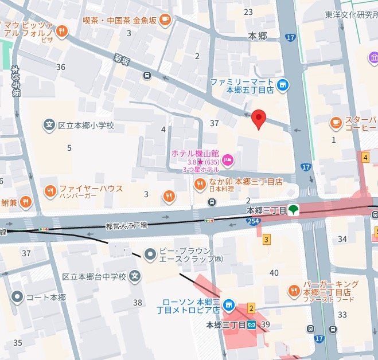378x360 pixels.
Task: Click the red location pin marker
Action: click(259, 118)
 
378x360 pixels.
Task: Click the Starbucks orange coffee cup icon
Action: click(336, 122)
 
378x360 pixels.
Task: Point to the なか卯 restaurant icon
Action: click(200, 183)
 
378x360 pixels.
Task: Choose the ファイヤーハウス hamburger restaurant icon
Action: click(50, 190)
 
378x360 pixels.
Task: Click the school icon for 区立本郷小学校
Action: click(49, 124)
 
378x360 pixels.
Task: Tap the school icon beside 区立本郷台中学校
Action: click(135, 277)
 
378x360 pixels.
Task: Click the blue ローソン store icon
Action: click(229, 305)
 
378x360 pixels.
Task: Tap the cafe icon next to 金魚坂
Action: click(165, 20)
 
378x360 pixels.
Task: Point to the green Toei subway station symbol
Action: click(293, 210)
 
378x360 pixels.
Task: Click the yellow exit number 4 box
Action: click(365, 157)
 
